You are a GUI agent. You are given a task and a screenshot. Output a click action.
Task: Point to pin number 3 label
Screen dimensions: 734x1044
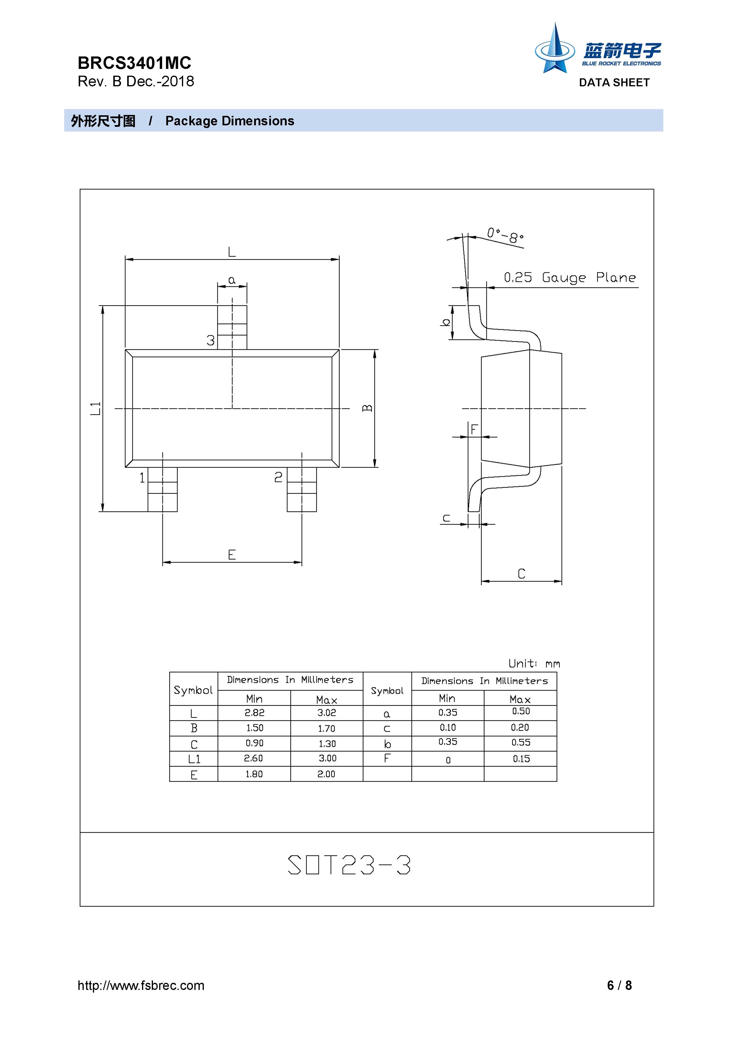[x=210, y=340]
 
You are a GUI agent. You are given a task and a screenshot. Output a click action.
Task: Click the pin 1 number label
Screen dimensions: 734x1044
[x=142, y=477]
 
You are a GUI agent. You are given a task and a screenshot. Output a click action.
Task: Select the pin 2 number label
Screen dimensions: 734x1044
[x=278, y=477]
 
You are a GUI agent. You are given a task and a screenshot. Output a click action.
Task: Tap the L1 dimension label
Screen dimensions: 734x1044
[x=95, y=408]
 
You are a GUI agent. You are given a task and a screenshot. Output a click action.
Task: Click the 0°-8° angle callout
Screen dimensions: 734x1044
[x=505, y=235]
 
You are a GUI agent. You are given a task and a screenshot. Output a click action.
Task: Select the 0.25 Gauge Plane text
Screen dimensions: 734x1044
[x=570, y=277]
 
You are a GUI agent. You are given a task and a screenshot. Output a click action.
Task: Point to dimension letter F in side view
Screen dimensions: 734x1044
[x=474, y=429]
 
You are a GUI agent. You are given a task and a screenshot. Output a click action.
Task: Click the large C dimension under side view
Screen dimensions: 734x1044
[x=522, y=573]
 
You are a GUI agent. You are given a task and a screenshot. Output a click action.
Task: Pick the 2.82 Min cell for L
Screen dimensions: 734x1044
[x=254, y=713]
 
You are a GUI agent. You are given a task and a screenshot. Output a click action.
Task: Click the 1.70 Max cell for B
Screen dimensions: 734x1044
[x=327, y=728]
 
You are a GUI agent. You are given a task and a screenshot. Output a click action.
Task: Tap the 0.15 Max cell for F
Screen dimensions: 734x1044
[x=521, y=758]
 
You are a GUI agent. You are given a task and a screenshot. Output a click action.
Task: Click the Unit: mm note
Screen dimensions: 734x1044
[x=534, y=663]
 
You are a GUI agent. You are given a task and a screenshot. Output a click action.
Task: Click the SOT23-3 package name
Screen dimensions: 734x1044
[x=349, y=865]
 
